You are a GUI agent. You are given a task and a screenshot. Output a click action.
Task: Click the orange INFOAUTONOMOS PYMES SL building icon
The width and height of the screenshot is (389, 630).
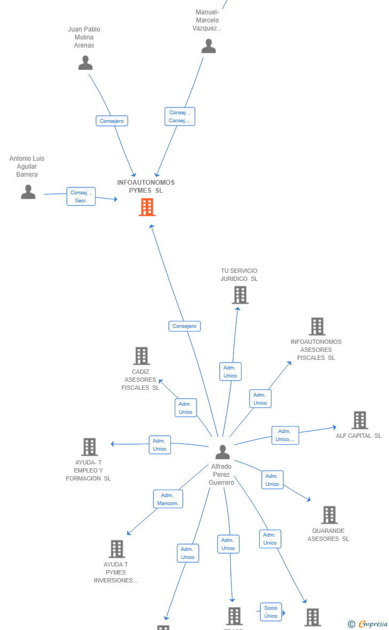(x=147, y=207)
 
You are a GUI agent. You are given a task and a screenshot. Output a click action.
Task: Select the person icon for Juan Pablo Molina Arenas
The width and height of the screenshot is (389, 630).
(x=85, y=63)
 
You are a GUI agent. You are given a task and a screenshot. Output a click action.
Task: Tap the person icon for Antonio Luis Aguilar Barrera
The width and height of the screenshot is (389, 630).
(x=28, y=192)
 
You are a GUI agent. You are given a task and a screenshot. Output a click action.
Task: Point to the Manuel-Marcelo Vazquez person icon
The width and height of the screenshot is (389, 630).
(x=208, y=46)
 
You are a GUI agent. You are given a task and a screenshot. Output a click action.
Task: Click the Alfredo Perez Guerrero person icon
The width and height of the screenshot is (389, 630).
(x=222, y=452)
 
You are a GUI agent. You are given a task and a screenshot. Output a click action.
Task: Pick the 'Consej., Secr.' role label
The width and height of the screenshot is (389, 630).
(x=81, y=196)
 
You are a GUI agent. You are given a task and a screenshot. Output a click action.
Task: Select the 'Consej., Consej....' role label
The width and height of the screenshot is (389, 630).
(x=180, y=116)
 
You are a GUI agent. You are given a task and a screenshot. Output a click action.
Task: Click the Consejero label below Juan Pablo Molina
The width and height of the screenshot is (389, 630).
(x=112, y=121)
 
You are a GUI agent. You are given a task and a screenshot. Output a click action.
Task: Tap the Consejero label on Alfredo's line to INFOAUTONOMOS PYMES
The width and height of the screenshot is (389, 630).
(x=184, y=326)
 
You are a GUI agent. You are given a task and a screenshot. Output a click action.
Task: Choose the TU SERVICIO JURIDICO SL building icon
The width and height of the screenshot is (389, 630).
(x=240, y=295)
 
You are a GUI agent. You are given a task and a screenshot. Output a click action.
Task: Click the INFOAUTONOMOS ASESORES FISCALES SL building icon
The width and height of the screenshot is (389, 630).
(x=317, y=326)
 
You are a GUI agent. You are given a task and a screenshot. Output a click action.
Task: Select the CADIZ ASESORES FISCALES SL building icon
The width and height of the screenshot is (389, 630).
(x=141, y=356)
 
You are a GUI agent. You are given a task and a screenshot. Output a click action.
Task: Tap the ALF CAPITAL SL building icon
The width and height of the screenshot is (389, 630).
(x=360, y=420)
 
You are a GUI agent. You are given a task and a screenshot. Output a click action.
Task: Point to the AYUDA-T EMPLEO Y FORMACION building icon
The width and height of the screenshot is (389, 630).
(x=89, y=447)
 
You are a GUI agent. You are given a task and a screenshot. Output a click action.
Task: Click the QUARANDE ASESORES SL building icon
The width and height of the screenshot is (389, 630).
(x=329, y=515)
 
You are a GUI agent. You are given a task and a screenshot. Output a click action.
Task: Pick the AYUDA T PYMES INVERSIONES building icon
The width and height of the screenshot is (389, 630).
(x=116, y=549)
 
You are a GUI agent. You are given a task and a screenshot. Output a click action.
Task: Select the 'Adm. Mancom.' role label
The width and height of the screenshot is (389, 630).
(x=168, y=499)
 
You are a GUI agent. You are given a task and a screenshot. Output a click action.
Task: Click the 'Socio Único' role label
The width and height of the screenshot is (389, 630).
(x=271, y=612)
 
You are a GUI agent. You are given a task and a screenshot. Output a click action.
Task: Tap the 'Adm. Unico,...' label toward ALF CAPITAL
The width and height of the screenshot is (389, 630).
(x=285, y=435)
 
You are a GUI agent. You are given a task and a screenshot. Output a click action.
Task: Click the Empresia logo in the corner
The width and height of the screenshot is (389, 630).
(x=368, y=624)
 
